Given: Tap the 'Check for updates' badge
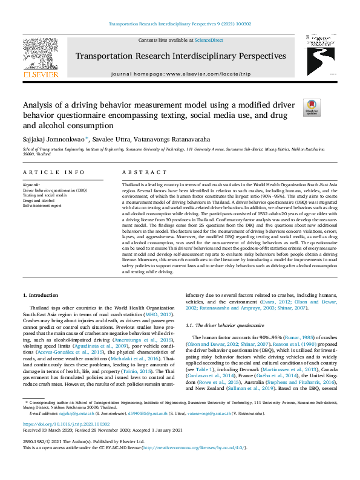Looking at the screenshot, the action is point(312,108).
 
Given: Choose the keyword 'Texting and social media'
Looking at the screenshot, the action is point(45,196).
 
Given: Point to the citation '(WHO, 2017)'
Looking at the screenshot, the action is point(162,315).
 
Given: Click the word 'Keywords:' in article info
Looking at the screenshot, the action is point(31,185).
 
